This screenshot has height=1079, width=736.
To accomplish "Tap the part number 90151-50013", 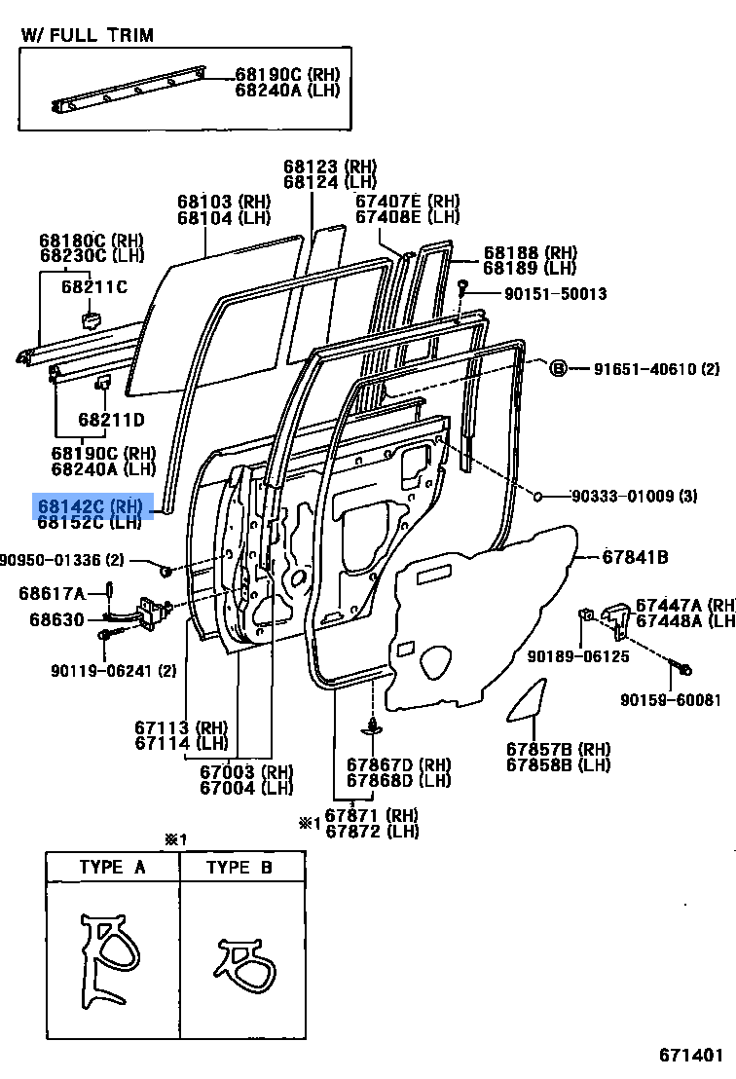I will (x=542, y=293).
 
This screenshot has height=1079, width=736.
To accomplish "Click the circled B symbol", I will (x=558, y=368).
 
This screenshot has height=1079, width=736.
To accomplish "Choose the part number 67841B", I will (x=635, y=557).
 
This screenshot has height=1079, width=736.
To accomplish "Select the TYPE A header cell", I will (x=112, y=867).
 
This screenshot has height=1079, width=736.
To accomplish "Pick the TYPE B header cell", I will (x=240, y=867).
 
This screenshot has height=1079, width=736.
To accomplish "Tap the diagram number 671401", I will (x=691, y=1055).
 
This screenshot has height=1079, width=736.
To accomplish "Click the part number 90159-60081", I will (x=671, y=699).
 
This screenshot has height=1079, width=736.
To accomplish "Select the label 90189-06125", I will (x=578, y=656).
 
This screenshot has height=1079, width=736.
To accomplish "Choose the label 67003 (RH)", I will (x=246, y=771).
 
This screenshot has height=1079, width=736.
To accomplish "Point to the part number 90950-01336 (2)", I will (x=62, y=559).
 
